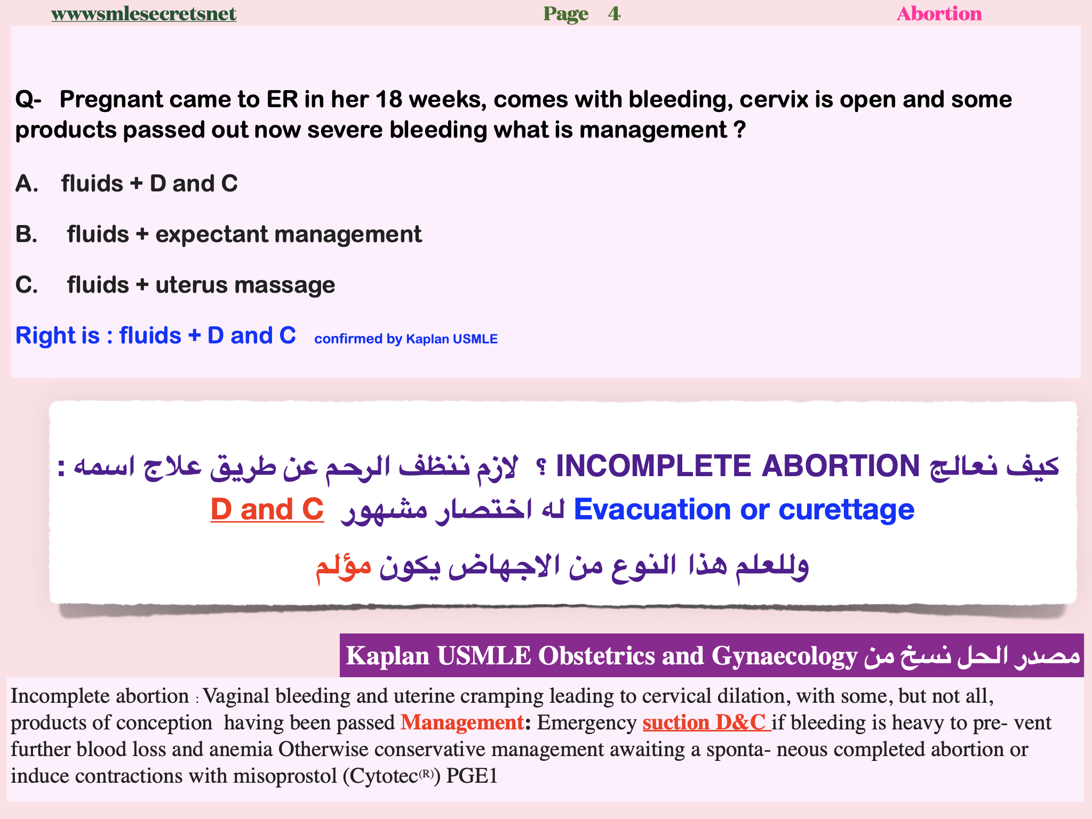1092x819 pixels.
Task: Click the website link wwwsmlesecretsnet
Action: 144,13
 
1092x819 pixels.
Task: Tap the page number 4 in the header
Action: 614,13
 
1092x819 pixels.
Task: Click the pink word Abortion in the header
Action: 939,13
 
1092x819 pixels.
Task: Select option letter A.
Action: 26,183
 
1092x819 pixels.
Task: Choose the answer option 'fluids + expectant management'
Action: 244,234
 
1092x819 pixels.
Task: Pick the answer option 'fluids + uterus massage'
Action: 201,285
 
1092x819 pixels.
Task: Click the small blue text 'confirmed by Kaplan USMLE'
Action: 406,339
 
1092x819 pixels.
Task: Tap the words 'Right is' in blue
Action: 58,335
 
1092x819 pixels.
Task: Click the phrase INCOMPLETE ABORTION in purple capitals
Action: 738,465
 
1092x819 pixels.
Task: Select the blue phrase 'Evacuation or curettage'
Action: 744,509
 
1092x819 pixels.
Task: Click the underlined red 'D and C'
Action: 267,509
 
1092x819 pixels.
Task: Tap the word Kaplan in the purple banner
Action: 388,655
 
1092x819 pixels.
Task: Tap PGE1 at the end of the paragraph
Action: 472,776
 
